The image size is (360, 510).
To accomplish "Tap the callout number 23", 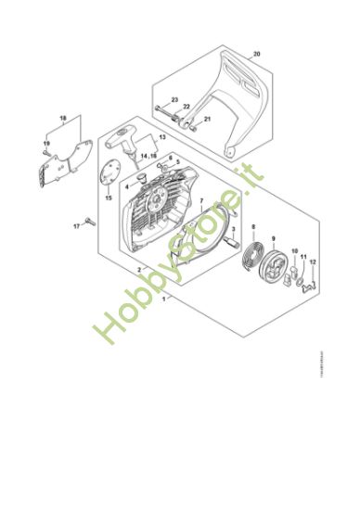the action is pos(174,98).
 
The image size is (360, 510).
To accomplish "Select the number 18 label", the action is pos(63,118).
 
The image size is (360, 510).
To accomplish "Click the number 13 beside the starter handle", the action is pos(161,137).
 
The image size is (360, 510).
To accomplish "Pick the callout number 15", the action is pos(108,198).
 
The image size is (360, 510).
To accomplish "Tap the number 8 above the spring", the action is pos(252,227).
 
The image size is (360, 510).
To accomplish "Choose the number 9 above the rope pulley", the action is pos(273,227).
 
